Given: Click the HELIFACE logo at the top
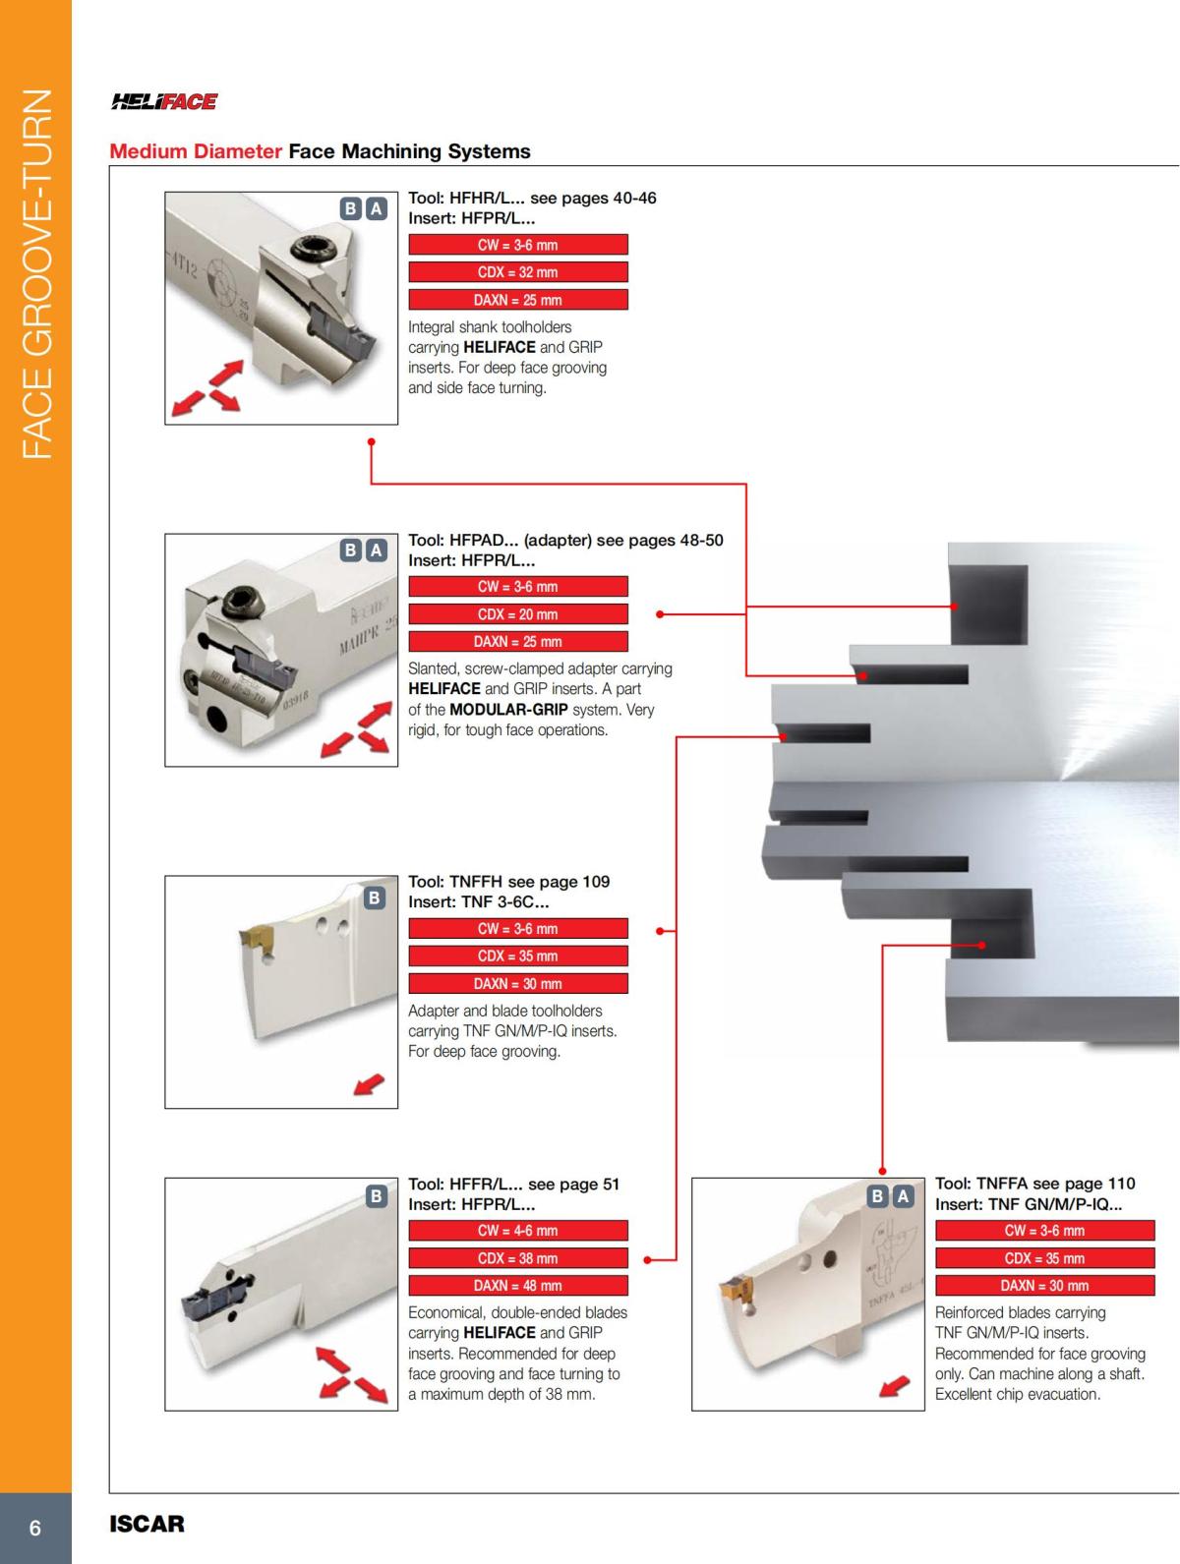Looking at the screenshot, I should click(x=164, y=101).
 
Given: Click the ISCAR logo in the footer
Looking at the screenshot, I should click(x=147, y=1525).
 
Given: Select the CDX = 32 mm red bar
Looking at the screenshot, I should click(x=517, y=272).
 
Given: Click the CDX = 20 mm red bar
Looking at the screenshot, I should click(x=517, y=614).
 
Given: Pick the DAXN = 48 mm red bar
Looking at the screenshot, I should click(x=517, y=1286).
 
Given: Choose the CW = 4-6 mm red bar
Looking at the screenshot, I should click(x=517, y=1231).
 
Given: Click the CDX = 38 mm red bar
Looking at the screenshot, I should click(x=517, y=1258).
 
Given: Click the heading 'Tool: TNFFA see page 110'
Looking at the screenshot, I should click(x=1034, y=1184).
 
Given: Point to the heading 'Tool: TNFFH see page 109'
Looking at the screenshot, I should click(x=508, y=882).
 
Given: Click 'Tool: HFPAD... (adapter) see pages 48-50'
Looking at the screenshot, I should click(x=565, y=540).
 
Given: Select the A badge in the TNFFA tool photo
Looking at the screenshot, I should click(x=902, y=1196).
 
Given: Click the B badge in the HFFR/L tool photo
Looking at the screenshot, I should click(x=375, y=1196).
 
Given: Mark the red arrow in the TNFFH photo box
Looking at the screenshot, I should click(x=369, y=1084).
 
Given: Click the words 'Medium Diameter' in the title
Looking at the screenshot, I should click(x=196, y=151).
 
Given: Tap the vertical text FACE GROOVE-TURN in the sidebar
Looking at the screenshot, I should click(x=35, y=275).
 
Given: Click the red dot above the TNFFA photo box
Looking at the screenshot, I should click(x=882, y=1171).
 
